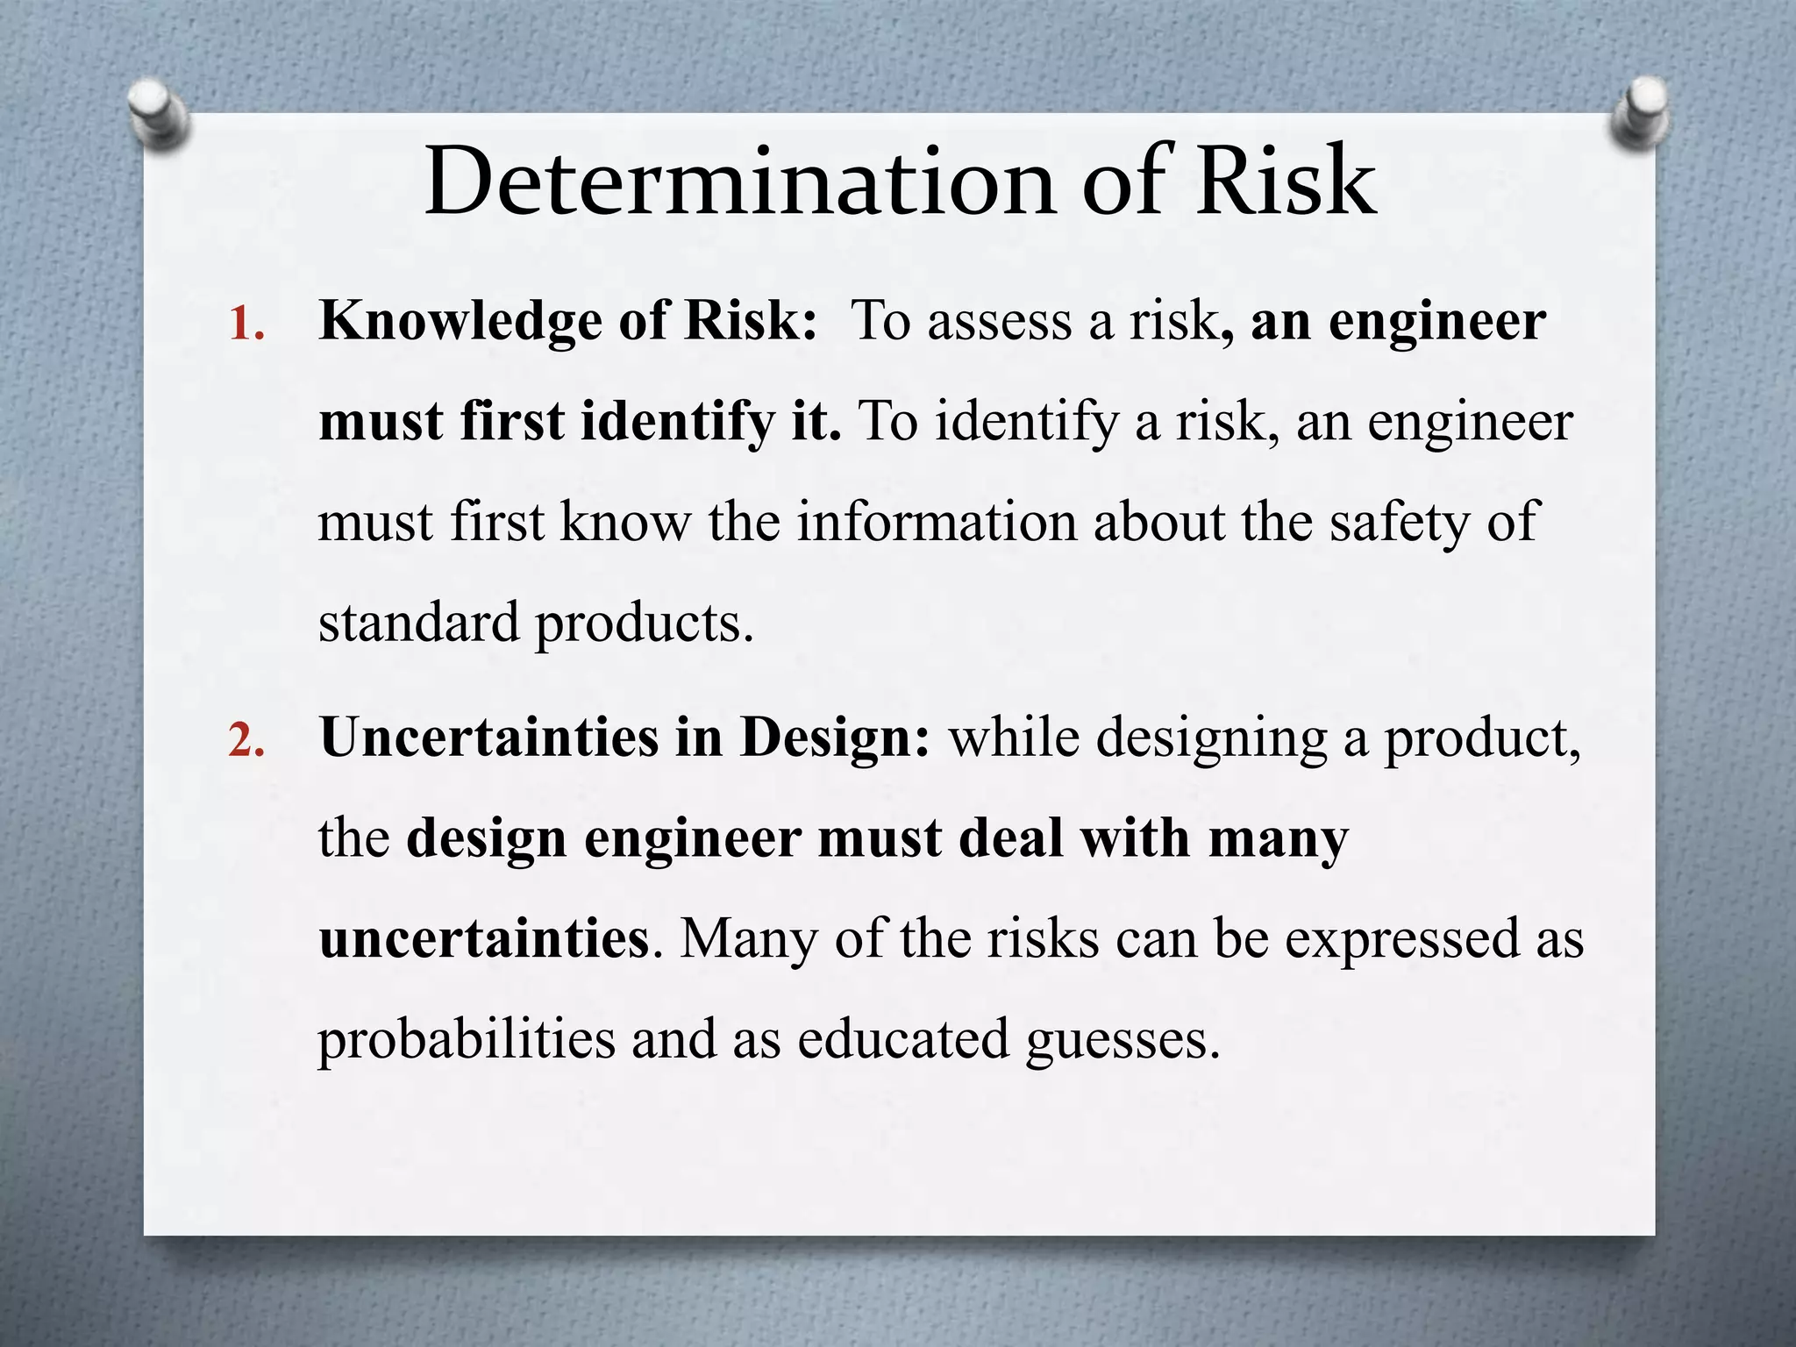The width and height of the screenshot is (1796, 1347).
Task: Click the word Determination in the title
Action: pos(738,183)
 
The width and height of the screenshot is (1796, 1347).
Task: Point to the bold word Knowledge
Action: pos(460,321)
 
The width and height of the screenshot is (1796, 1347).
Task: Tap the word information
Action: pos(937,522)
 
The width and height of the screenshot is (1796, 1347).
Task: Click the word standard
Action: pos(418,623)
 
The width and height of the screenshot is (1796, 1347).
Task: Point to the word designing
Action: pos(1212,738)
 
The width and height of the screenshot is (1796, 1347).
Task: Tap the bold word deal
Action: pos(1010,838)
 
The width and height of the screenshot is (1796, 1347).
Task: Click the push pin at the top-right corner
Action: pos(1638,114)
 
